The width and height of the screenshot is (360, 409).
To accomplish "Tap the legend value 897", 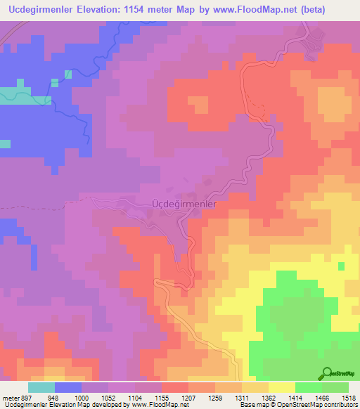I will [x=28, y=396].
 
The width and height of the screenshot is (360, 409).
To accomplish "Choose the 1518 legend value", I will [x=348, y=396].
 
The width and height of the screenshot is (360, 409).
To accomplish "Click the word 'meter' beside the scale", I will [x=10, y=396].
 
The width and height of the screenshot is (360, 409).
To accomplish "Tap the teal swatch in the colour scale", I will [x=41, y=387].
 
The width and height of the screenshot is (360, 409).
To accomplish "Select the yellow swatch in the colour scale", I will [x=281, y=387].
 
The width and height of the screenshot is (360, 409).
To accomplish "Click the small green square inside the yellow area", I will [x=341, y=266].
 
